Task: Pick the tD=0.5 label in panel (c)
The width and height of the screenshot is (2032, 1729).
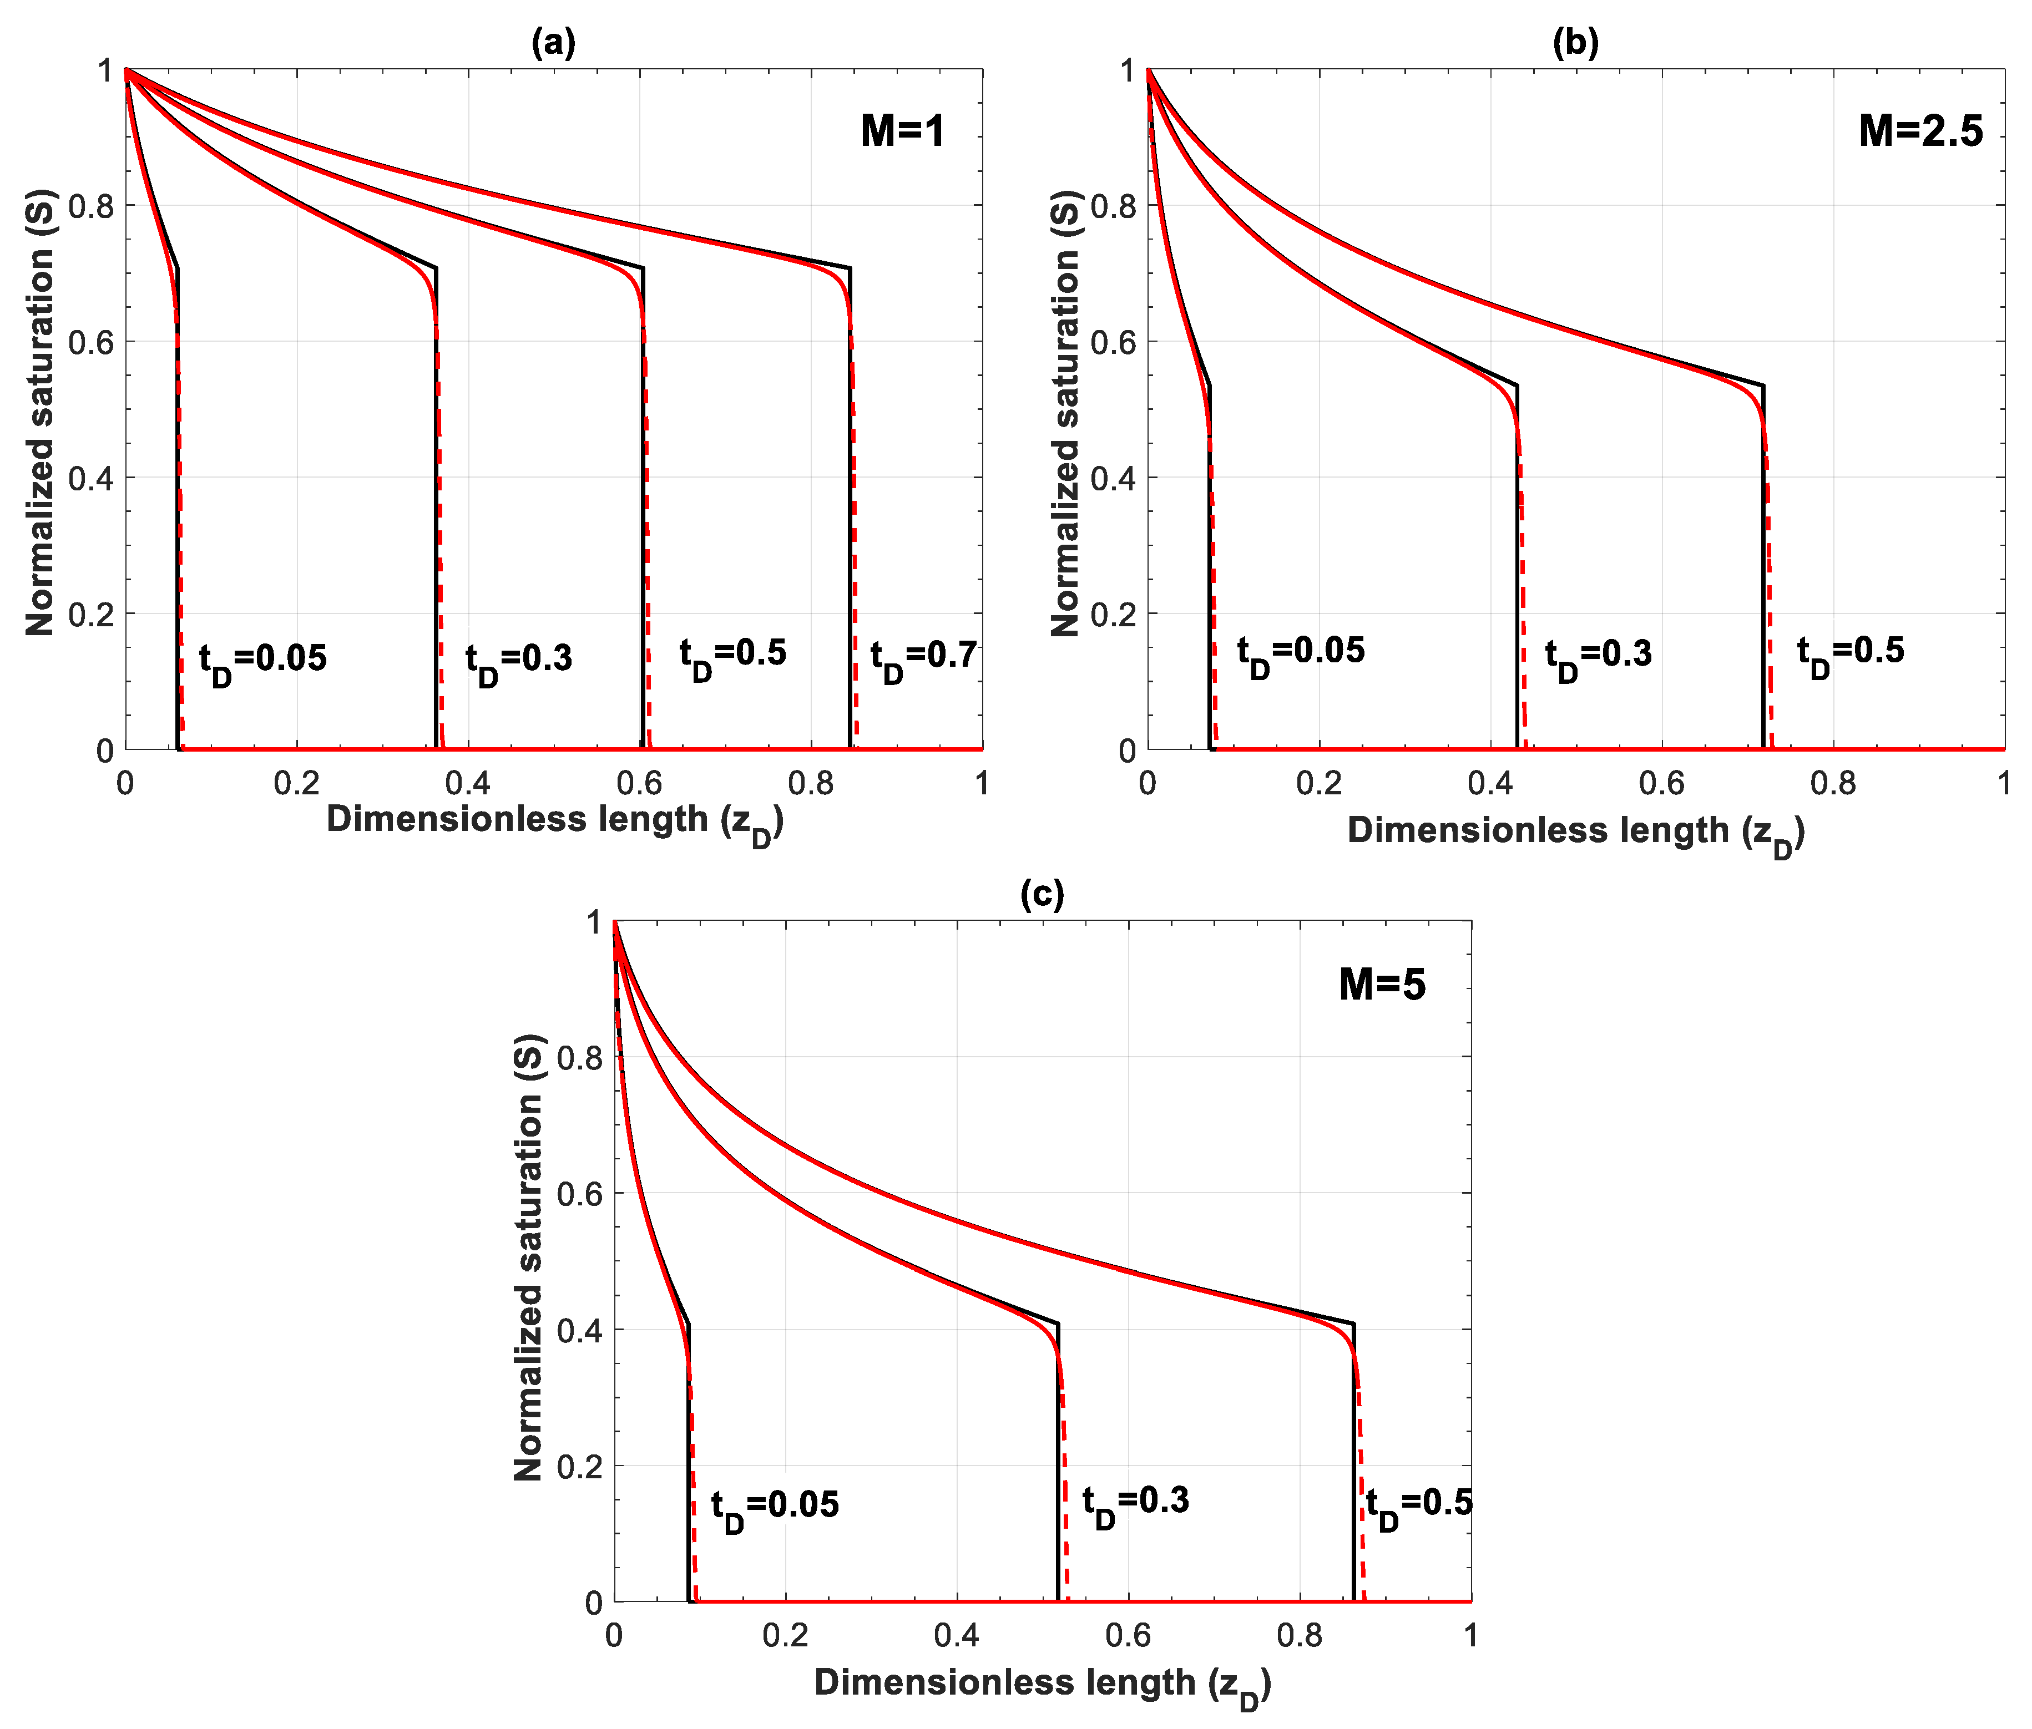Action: [1418, 1508]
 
